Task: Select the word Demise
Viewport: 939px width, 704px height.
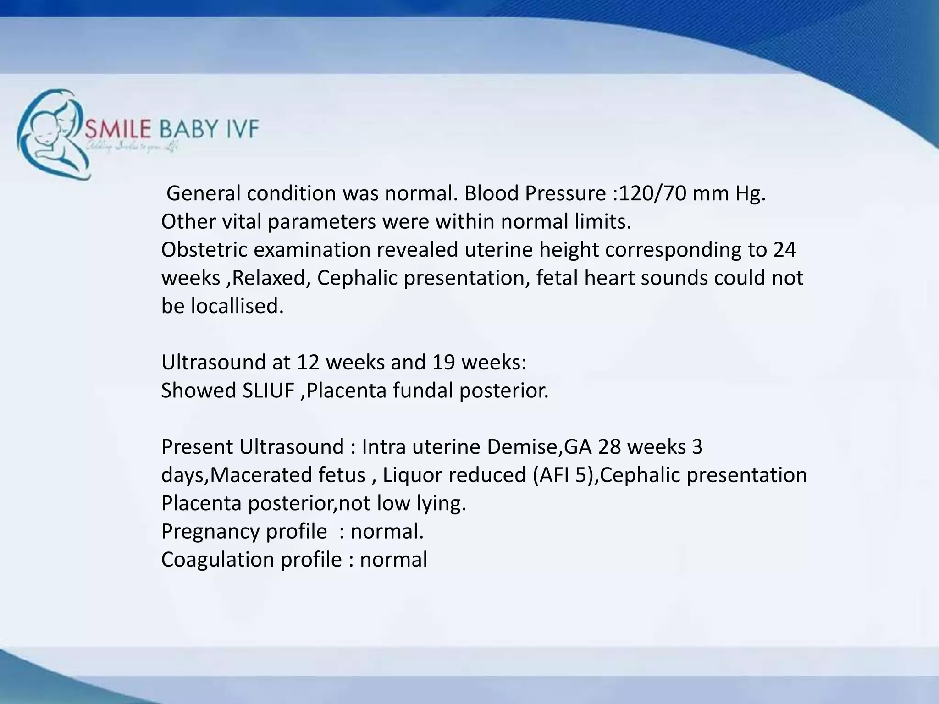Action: click(521, 447)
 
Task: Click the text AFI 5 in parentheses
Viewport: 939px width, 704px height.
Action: click(564, 475)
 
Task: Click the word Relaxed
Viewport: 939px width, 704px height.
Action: click(269, 278)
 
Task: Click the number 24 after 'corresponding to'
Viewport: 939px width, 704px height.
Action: click(784, 250)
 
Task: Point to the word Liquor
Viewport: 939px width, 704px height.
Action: click(412, 475)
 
